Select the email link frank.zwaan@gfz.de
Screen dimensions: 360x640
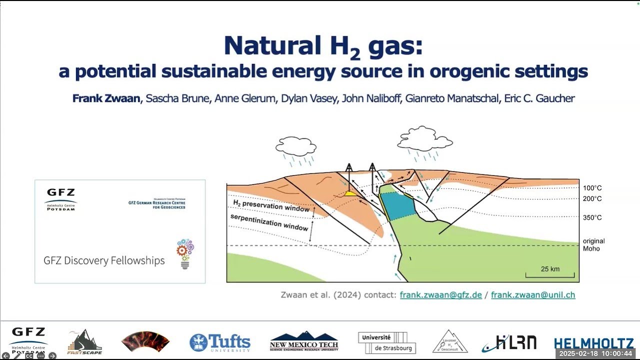click(440, 295)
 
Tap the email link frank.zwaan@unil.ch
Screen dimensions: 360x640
click(533, 295)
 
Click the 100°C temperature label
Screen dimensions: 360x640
click(592, 188)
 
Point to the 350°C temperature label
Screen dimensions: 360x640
click(592, 218)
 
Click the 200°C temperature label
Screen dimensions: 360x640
click(592, 199)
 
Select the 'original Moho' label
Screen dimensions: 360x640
click(593, 245)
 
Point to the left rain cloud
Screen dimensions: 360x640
click(296, 146)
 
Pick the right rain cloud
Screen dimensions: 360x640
click(423, 138)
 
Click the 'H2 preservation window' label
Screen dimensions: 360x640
click(271, 205)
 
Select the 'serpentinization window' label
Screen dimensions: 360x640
click(269, 222)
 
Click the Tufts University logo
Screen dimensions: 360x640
click(220, 342)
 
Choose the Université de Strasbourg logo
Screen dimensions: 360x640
click(386, 342)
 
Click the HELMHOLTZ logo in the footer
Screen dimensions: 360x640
click(593, 343)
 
